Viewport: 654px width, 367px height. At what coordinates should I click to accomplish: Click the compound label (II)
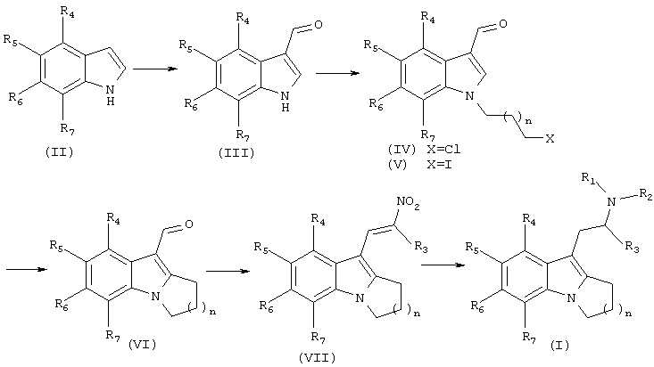59,152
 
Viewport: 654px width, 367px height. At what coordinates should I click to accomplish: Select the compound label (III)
236,153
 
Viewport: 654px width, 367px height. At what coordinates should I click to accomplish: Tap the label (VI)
142,345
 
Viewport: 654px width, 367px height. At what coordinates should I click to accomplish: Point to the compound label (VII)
317,357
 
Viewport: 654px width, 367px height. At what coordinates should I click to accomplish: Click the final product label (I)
559,345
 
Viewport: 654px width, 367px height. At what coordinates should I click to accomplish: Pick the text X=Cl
443,149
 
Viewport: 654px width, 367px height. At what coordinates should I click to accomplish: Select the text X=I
440,164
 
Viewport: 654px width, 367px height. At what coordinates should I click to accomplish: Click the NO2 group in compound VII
409,204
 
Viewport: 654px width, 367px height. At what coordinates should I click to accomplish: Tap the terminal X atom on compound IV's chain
551,139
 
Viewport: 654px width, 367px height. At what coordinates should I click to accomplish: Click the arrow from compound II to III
154,69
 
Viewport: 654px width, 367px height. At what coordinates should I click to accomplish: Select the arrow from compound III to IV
337,73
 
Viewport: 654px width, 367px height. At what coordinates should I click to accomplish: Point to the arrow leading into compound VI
26,269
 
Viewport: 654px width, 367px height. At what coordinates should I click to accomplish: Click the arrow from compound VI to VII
228,272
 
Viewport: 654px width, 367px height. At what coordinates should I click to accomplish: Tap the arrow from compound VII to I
443,265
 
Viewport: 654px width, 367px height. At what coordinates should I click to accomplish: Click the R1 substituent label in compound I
588,178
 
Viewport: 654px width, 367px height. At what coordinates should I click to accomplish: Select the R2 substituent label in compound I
646,194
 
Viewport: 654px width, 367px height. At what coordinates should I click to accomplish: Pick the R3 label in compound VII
421,247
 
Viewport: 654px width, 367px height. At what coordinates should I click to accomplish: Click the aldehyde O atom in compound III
319,25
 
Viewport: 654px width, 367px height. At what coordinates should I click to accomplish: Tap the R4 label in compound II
67,12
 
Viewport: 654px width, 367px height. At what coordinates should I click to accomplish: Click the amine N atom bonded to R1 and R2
611,202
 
